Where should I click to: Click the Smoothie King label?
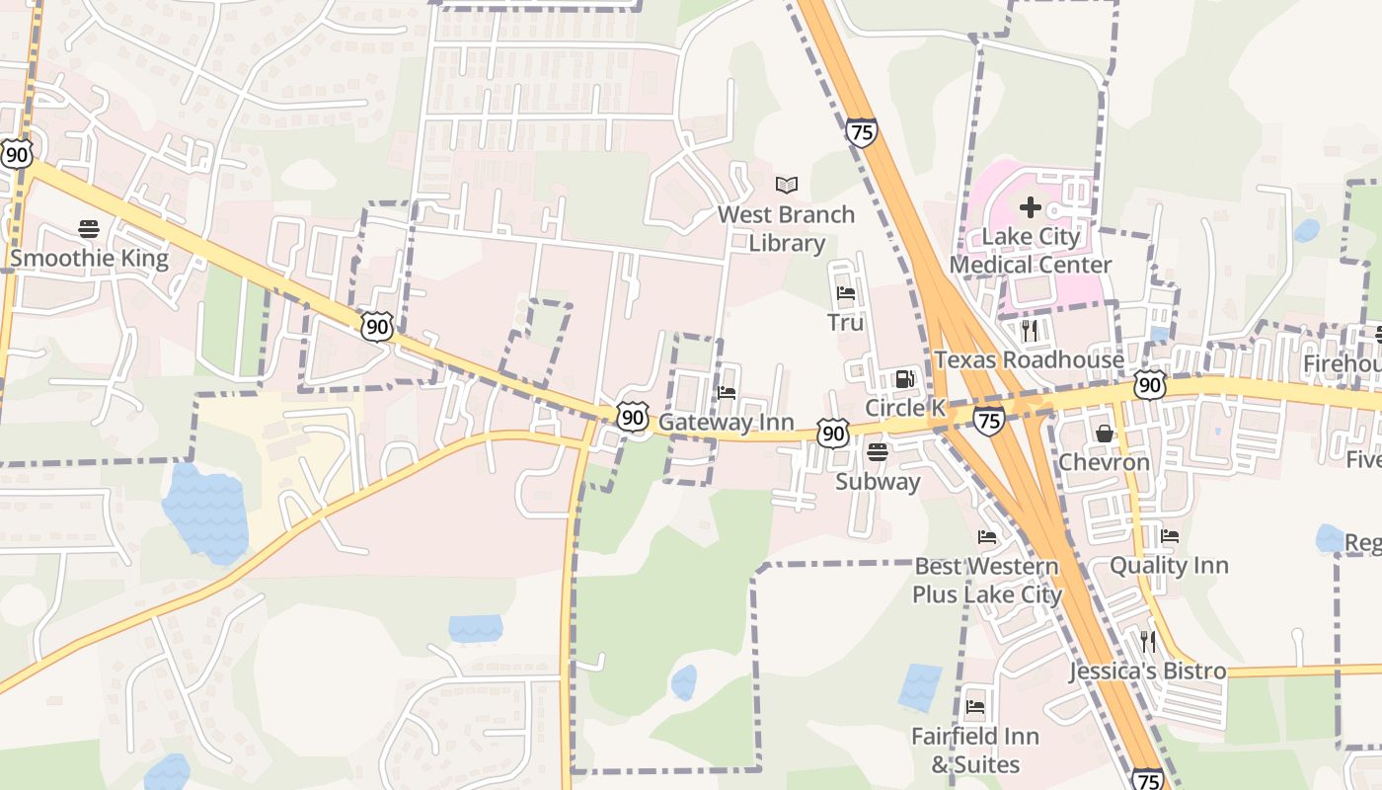click(x=89, y=260)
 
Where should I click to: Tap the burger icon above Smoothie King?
click(x=89, y=229)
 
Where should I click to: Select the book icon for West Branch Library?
click(x=786, y=185)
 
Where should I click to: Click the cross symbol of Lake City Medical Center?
click(x=1030, y=207)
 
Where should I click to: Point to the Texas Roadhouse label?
click(x=1029, y=359)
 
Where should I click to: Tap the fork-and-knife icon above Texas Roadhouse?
click(x=1030, y=330)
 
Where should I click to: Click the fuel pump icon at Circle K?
click(x=903, y=378)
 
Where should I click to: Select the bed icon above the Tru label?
click(x=845, y=293)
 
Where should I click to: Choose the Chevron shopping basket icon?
click(x=1104, y=434)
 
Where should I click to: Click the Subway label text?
click(x=878, y=482)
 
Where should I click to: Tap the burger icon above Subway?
click(x=877, y=452)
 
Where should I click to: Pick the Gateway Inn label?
click(x=726, y=423)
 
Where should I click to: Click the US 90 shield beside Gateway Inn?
click(x=633, y=417)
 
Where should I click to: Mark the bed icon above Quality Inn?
click(x=1169, y=536)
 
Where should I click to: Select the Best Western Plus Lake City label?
click(x=986, y=581)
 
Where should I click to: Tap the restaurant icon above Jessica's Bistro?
click(x=1147, y=642)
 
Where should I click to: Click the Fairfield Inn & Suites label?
click(x=975, y=750)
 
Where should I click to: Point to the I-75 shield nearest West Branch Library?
click(x=861, y=132)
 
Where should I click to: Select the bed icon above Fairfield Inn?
click(x=975, y=706)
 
